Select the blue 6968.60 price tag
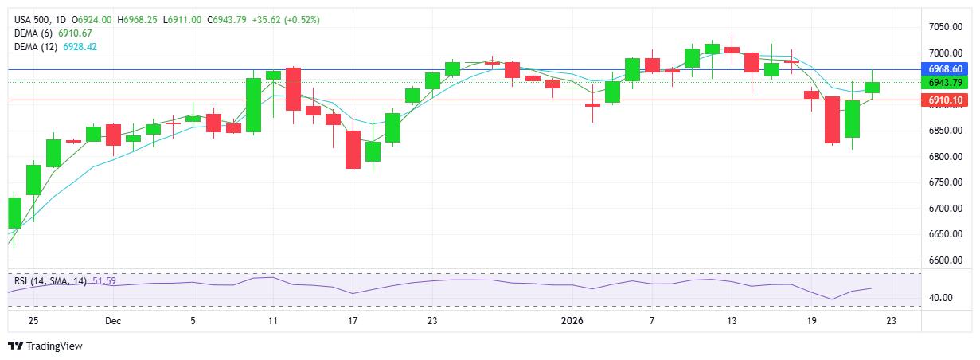coord(946,69)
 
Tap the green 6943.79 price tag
coord(946,82)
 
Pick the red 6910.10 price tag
coord(946,100)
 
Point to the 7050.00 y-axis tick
coord(945,27)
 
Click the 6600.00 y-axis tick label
coord(945,260)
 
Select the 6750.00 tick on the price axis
coord(945,182)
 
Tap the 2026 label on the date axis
coord(572,321)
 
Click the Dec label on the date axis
coord(112,321)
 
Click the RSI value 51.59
coord(104,281)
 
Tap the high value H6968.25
coord(138,19)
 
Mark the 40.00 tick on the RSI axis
coord(941,298)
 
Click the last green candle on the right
coord(872,87)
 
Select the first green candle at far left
coord(14,213)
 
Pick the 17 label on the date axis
coord(353,321)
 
